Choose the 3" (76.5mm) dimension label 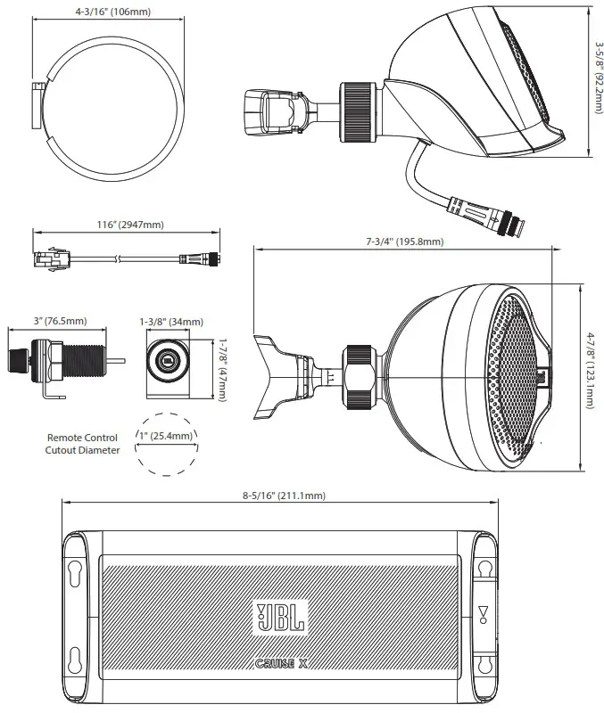tap(61, 321)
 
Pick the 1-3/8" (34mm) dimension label tap(171, 321)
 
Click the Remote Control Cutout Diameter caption tap(82, 444)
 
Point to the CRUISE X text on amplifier tap(280, 663)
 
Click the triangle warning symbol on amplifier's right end tap(483, 613)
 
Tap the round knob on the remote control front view tap(166, 362)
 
